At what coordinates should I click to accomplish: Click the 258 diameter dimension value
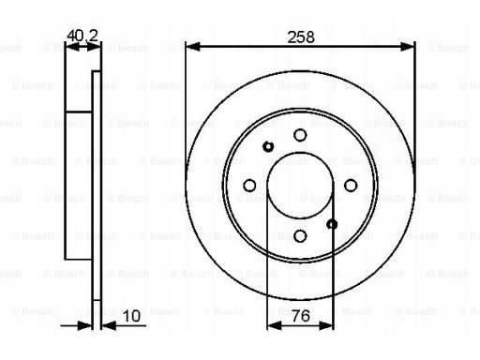click(x=301, y=37)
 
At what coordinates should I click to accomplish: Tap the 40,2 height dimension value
click(x=82, y=36)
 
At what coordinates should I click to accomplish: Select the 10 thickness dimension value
click(x=131, y=316)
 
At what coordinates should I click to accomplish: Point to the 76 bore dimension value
click(x=301, y=316)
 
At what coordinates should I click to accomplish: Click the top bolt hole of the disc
click(x=300, y=135)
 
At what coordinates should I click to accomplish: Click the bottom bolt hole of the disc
click(x=300, y=236)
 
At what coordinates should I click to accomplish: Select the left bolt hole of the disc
click(x=249, y=186)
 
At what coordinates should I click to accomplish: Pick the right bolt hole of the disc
click(x=351, y=186)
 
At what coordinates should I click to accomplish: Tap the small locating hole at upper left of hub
click(x=268, y=146)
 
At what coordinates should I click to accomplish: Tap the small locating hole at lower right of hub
click(x=332, y=224)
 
